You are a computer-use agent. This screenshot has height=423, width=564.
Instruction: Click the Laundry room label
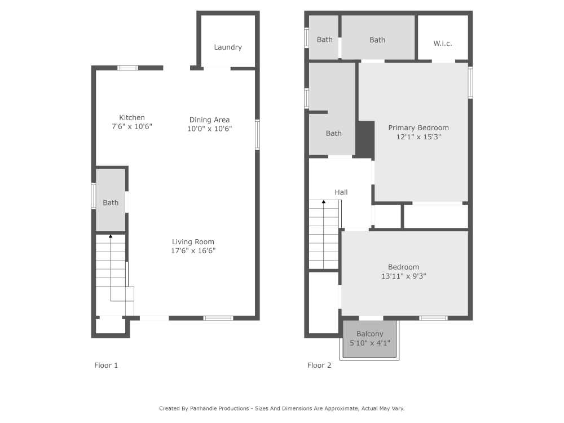point(228,47)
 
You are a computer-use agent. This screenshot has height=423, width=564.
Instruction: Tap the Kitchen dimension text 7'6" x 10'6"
point(132,127)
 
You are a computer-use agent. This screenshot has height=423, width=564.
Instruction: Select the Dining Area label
point(209,120)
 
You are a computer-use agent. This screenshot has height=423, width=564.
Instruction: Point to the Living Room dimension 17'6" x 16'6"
point(193,250)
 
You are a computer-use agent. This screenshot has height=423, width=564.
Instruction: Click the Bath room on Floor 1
point(111,202)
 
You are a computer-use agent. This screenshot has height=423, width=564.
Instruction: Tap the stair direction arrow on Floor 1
point(111,236)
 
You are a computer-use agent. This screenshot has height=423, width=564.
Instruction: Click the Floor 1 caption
point(106,365)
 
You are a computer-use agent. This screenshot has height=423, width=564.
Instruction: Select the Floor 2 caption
point(319,365)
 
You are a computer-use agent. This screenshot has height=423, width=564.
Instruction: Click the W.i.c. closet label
point(443,43)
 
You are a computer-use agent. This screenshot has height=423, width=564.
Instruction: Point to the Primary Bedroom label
point(418,127)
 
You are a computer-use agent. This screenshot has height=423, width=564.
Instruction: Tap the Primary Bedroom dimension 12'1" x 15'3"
point(418,136)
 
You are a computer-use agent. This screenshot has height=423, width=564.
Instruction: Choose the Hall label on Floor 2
point(341,192)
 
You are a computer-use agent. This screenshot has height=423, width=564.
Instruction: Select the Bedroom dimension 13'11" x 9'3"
point(403,276)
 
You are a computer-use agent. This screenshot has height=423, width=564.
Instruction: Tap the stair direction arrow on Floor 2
point(324,201)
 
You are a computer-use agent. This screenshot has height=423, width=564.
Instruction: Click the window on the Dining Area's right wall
point(258,134)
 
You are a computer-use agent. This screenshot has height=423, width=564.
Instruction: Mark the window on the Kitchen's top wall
point(128,68)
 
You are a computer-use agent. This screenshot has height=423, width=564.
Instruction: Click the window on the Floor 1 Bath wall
point(94,196)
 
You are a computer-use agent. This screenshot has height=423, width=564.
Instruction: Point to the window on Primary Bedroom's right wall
point(470,83)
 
